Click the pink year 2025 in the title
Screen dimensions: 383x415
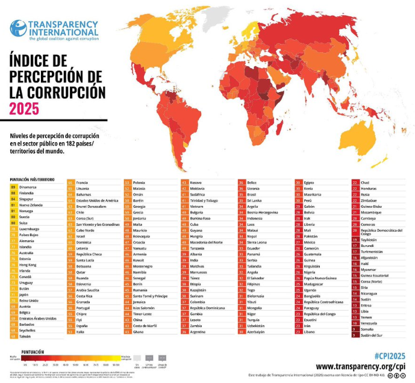click(24, 108)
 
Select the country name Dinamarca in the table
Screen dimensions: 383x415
click(30, 187)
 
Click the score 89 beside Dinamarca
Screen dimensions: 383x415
click(13, 187)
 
